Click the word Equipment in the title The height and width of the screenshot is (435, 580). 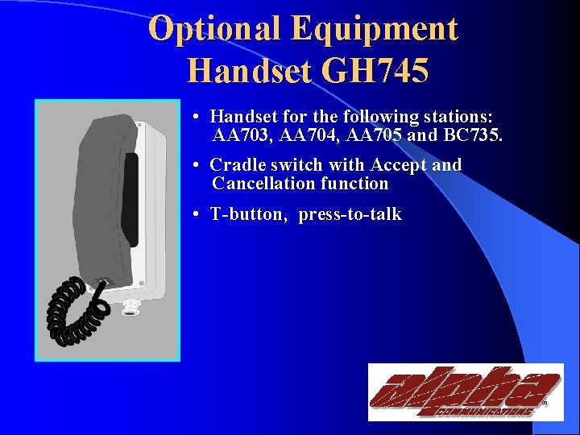(x=375, y=30)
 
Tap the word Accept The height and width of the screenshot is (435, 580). (x=399, y=165)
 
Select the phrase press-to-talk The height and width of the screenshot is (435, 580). (x=350, y=214)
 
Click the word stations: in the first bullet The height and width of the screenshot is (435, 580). (x=458, y=117)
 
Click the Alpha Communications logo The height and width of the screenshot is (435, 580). (x=466, y=391)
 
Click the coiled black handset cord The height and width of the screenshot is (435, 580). (x=72, y=309)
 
